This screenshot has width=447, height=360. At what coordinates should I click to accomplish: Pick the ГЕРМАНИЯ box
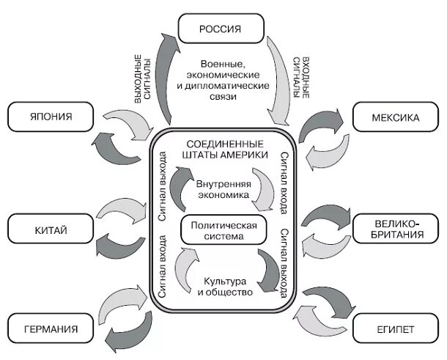[51, 328]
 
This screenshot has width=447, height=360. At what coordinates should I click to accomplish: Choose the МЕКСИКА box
[396, 117]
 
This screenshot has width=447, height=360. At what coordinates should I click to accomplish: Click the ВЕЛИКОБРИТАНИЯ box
[396, 229]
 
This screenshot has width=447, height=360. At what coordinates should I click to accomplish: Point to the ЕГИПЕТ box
[396, 328]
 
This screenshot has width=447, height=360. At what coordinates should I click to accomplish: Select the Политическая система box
[223, 230]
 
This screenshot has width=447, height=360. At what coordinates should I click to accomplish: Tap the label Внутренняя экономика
[223, 189]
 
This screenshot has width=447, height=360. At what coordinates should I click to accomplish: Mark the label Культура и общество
[223, 286]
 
